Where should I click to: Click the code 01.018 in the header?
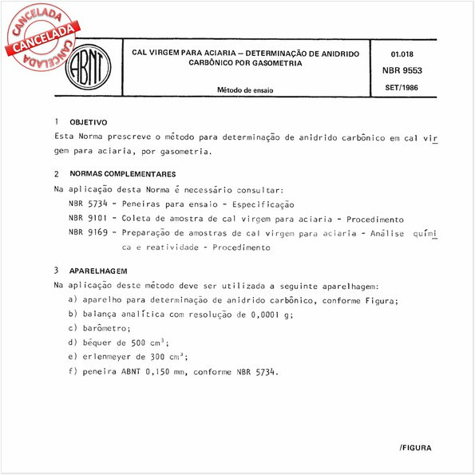point(402,53)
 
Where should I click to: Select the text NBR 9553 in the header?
point(407,69)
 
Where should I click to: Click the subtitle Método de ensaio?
point(245,90)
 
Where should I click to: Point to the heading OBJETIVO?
point(89,123)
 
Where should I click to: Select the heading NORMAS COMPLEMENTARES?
point(123,174)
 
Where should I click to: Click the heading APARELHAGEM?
point(98,271)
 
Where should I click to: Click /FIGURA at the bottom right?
point(415,449)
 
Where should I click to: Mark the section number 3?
point(57,270)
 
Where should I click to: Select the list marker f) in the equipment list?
point(73,372)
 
